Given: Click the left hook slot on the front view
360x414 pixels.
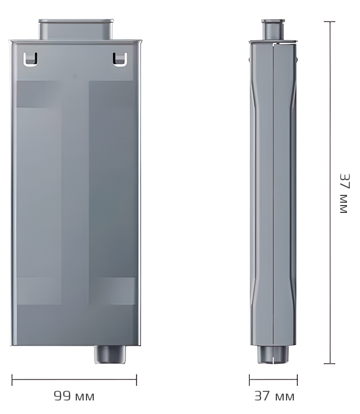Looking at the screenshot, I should [31, 59].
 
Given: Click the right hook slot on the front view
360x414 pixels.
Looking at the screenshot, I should [119, 59].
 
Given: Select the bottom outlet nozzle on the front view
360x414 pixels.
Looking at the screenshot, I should [110, 354].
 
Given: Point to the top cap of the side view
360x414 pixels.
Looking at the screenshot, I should [273, 29].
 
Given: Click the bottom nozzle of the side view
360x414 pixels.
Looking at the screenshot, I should [273, 355].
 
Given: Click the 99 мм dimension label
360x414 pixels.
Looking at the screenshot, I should [74, 396].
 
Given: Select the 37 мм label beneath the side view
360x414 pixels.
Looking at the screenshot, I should [274, 396].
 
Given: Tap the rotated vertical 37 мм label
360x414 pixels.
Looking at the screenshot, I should [344, 193].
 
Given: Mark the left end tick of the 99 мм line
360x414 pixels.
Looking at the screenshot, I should [12, 380].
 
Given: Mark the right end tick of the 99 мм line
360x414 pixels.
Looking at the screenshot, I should [136, 380].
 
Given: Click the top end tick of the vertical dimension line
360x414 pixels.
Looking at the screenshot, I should [329, 22].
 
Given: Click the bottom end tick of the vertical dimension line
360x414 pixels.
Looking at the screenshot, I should [329, 364].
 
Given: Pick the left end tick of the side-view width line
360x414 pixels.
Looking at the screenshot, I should [250, 380].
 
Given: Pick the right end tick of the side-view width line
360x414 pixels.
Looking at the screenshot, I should [297, 380].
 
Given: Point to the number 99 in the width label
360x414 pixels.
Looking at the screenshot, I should [62, 396].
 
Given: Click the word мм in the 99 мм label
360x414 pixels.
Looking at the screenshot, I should [84, 396].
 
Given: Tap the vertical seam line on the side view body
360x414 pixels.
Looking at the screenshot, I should [274, 192].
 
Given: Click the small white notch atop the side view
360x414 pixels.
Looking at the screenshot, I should [275, 43].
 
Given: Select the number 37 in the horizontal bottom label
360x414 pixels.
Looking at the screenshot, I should [262, 396].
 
